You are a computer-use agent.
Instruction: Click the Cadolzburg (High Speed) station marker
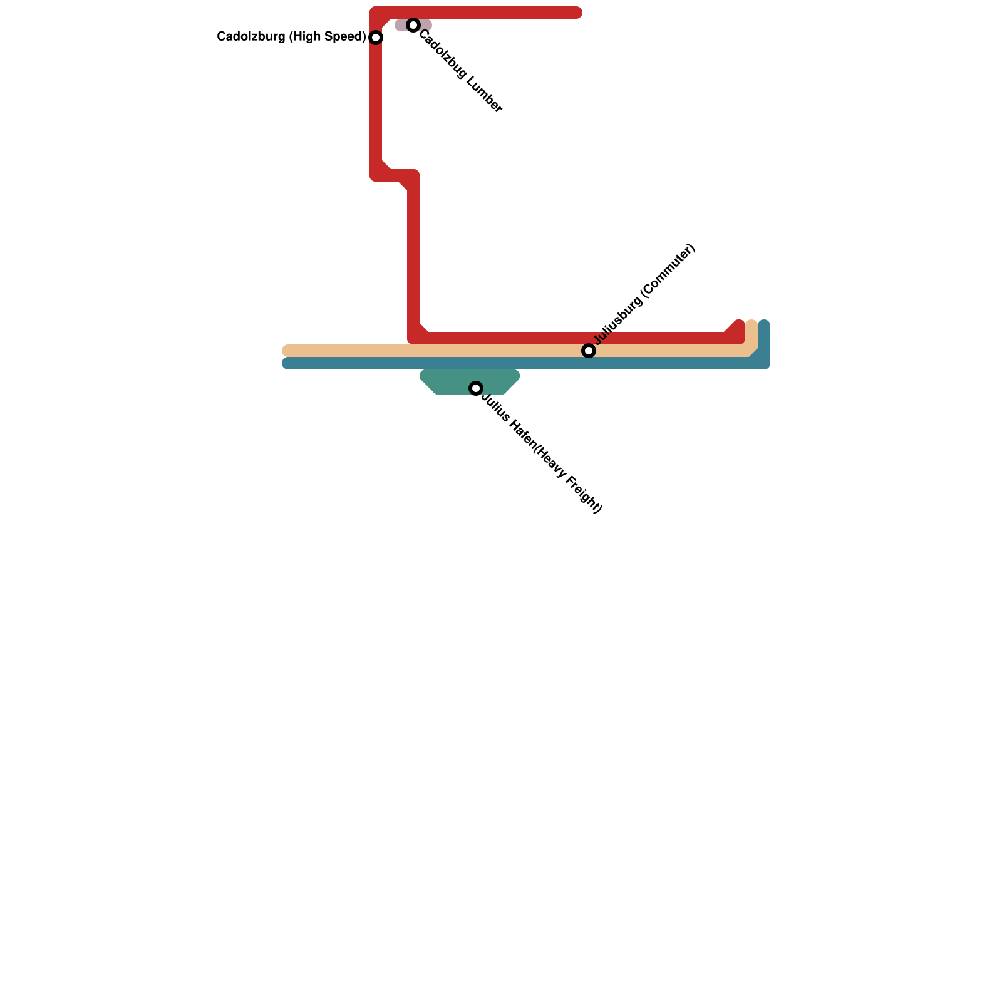pyautogui.click(x=376, y=38)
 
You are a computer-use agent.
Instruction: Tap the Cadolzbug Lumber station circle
pyautogui.click(x=413, y=25)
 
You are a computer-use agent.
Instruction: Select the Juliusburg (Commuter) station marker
pyautogui.click(x=589, y=351)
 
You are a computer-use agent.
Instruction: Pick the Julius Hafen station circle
pyautogui.click(x=476, y=388)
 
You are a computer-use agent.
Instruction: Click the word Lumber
pyautogui.click(x=482, y=93)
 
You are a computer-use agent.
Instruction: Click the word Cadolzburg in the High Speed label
pyautogui.click(x=249, y=37)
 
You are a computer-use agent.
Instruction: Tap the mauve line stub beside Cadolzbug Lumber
pyautogui.click(x=401, y=25)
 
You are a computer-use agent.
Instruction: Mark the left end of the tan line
pyautogui.click(x=287, y=351)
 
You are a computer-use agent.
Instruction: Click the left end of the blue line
pyautogui.click(x=287, y=363)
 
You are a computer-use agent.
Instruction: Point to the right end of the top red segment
pyautogui.click(x=577, y=13)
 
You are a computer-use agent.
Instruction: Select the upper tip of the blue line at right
pyautogui.click(x=764, y=324)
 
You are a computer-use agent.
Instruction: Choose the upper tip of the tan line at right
pyautogui.click(x=751, y=324)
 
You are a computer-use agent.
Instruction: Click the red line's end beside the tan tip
pyautogui.click(x=740, y=324)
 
